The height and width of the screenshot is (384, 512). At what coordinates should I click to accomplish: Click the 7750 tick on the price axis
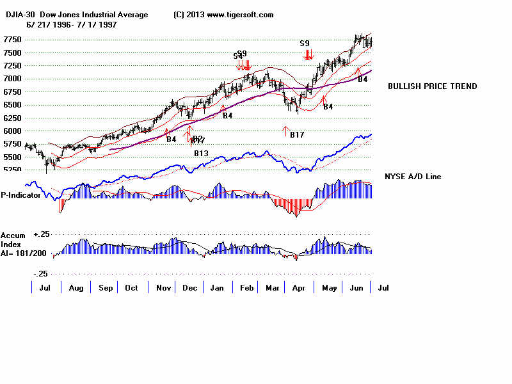click(x=12, y=39)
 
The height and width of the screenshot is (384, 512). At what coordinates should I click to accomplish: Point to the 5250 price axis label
click(x=12, y=170)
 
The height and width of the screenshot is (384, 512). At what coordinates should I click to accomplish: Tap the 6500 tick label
click(x=12, y=104)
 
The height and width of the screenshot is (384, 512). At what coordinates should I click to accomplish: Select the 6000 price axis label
click(x=12, y=131)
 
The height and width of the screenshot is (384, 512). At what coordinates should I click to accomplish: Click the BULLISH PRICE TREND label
click(x=432, y=86)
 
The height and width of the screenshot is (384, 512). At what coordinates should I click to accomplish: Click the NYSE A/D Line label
click(x=413, y=176)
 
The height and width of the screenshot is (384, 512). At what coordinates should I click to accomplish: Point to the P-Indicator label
click(x=20, y=195)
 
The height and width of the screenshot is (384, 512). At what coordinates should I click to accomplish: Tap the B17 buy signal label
click(x=297, y=135)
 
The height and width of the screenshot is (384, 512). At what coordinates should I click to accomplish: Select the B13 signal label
click(x=201, y=153)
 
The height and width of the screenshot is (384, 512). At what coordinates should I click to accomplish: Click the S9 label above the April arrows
click(x=305, y=44)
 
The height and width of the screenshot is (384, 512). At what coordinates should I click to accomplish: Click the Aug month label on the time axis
click(x=76, y=288)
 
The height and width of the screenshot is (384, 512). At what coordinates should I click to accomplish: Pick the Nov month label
click(x=164, y=288)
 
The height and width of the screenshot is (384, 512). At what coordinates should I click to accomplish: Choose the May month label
click(x=329, y=288)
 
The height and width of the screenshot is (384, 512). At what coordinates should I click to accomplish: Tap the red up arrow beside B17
click(x=285, y=132)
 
